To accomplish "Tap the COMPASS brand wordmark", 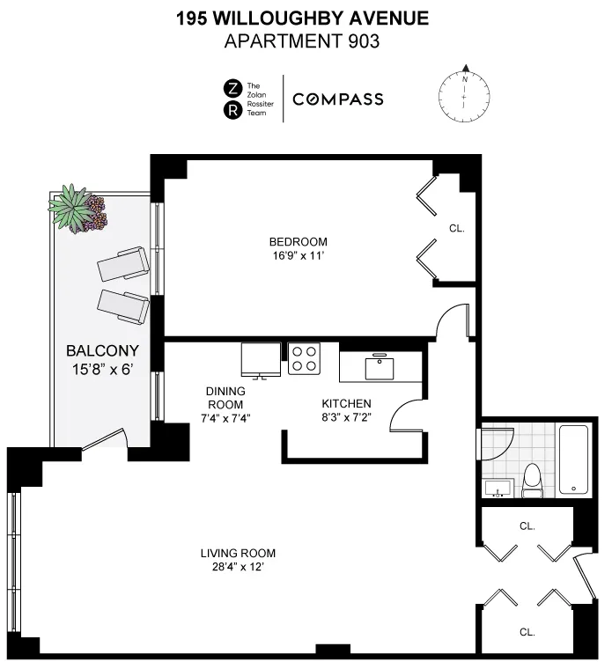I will [337, 99].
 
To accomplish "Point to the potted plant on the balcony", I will [77, 210].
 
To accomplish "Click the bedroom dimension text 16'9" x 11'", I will [298, 257].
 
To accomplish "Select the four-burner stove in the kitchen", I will [305, 359].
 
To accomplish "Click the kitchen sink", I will [381, 365].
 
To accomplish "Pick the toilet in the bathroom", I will [533, 480].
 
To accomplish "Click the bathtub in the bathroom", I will [573, 458].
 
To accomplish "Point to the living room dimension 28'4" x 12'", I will [238, 568].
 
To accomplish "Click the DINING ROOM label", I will [225, 398].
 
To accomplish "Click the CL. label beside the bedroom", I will [456, 228].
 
